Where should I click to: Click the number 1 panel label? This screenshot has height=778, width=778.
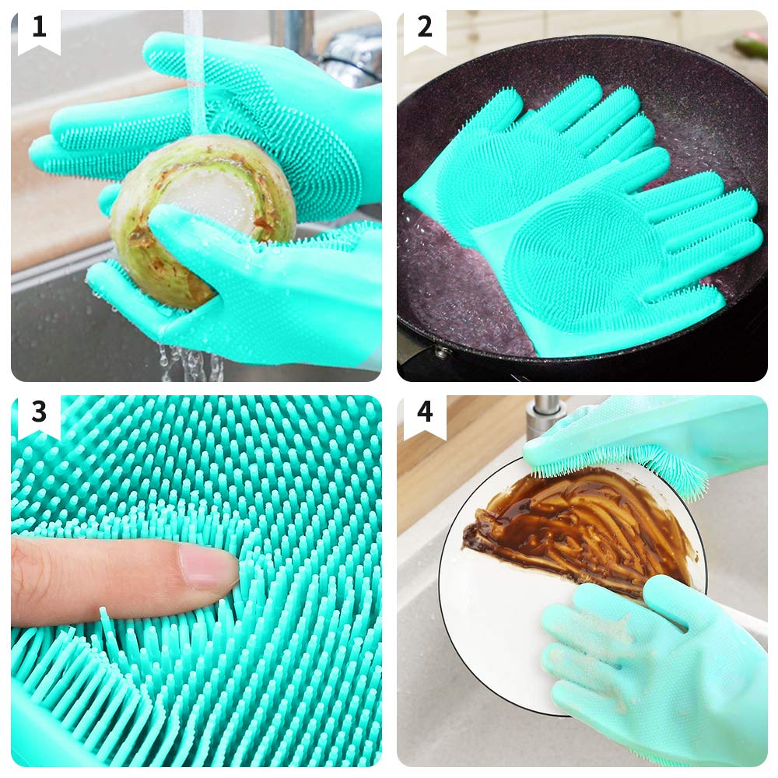(x=39, y=26)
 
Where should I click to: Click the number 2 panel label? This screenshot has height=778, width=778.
(x=425, y=26)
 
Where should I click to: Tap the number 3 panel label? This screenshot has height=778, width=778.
(x=39, y=412)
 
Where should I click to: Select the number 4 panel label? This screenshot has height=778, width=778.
(x=425, y=412)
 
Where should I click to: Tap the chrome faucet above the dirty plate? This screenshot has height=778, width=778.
(x=543, y=417)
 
